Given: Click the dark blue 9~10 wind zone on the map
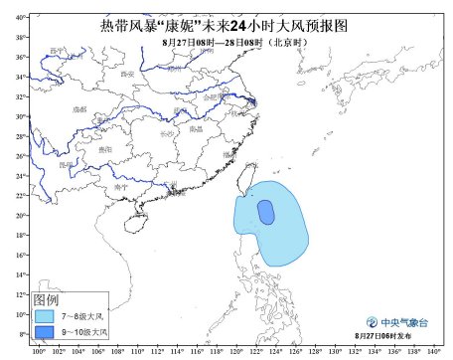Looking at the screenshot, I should pos(266,212).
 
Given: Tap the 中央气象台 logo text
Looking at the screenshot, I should pos(400,323).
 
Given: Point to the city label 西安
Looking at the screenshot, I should pos(126,74).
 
